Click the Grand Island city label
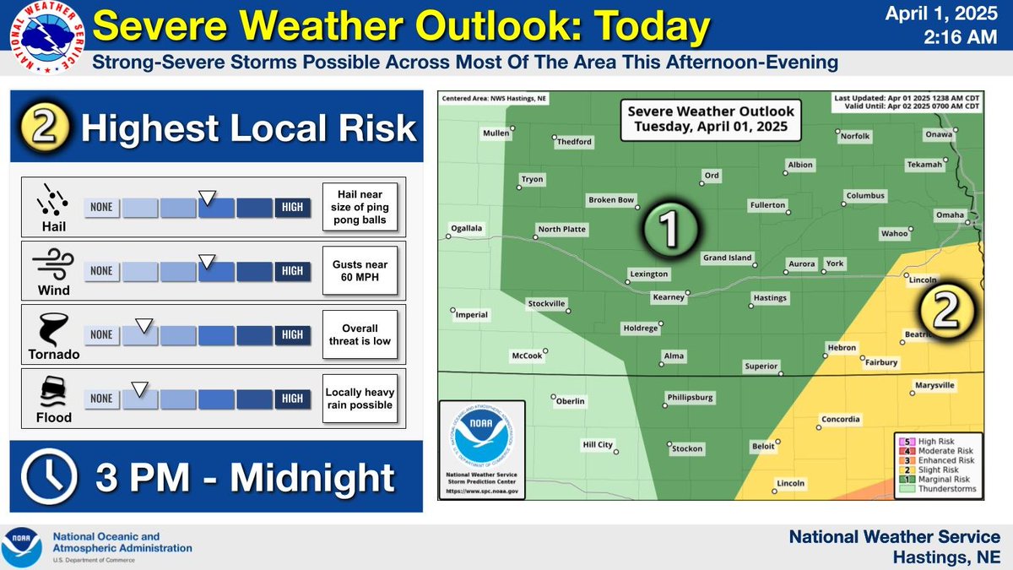tap(727, 258)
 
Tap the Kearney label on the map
tap(668, 297)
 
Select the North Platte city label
tap(561, 229)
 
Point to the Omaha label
tap(949, 214)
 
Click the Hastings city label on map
tap(769, 297)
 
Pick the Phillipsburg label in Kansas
tap(690, 397)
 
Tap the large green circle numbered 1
tap(668, 226)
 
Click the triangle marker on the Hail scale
tap(206, 198)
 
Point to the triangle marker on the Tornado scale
tap(144, 324)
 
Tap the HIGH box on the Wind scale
tap(292, 271)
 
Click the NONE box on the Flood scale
tap(101, 399)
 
